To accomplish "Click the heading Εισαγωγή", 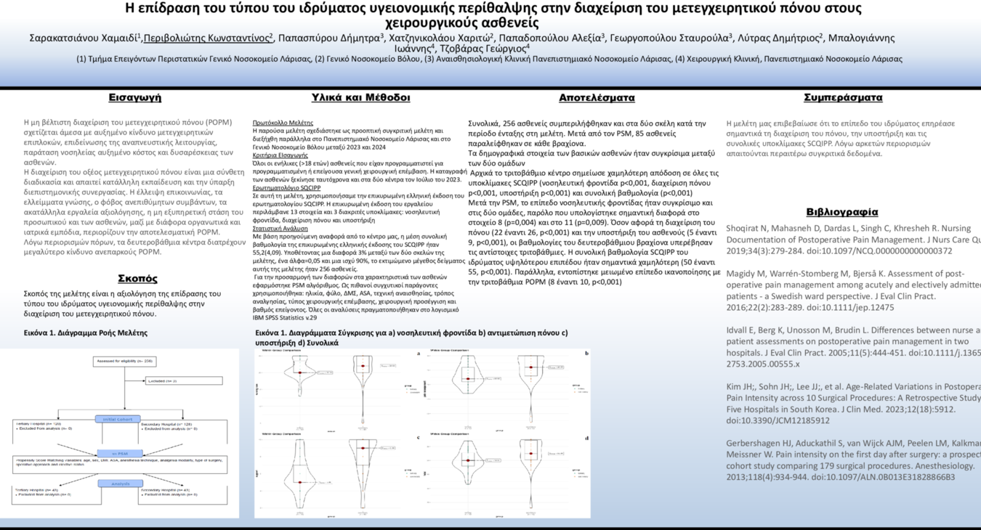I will coord(135,97).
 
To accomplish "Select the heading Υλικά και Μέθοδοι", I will coord(360,97).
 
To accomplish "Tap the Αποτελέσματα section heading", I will coord(597,97).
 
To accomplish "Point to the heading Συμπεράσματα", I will coord(843,97).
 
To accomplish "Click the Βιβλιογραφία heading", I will coord(842,212).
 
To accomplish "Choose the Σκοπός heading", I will coord(137,278).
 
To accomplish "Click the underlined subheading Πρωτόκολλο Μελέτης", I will coord(283,123).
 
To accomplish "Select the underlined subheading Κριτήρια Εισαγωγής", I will coord(280,155).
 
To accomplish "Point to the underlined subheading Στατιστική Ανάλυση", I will coord(280,228).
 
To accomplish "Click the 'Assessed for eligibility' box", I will coord(124,361).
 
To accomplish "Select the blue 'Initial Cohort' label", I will coord(118,419).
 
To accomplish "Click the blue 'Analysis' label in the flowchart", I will coord(118,484).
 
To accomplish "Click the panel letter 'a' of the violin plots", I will coord(419,354).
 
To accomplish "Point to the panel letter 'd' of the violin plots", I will coord(586,437).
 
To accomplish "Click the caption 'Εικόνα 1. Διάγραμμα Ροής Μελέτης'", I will coord(86,333).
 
